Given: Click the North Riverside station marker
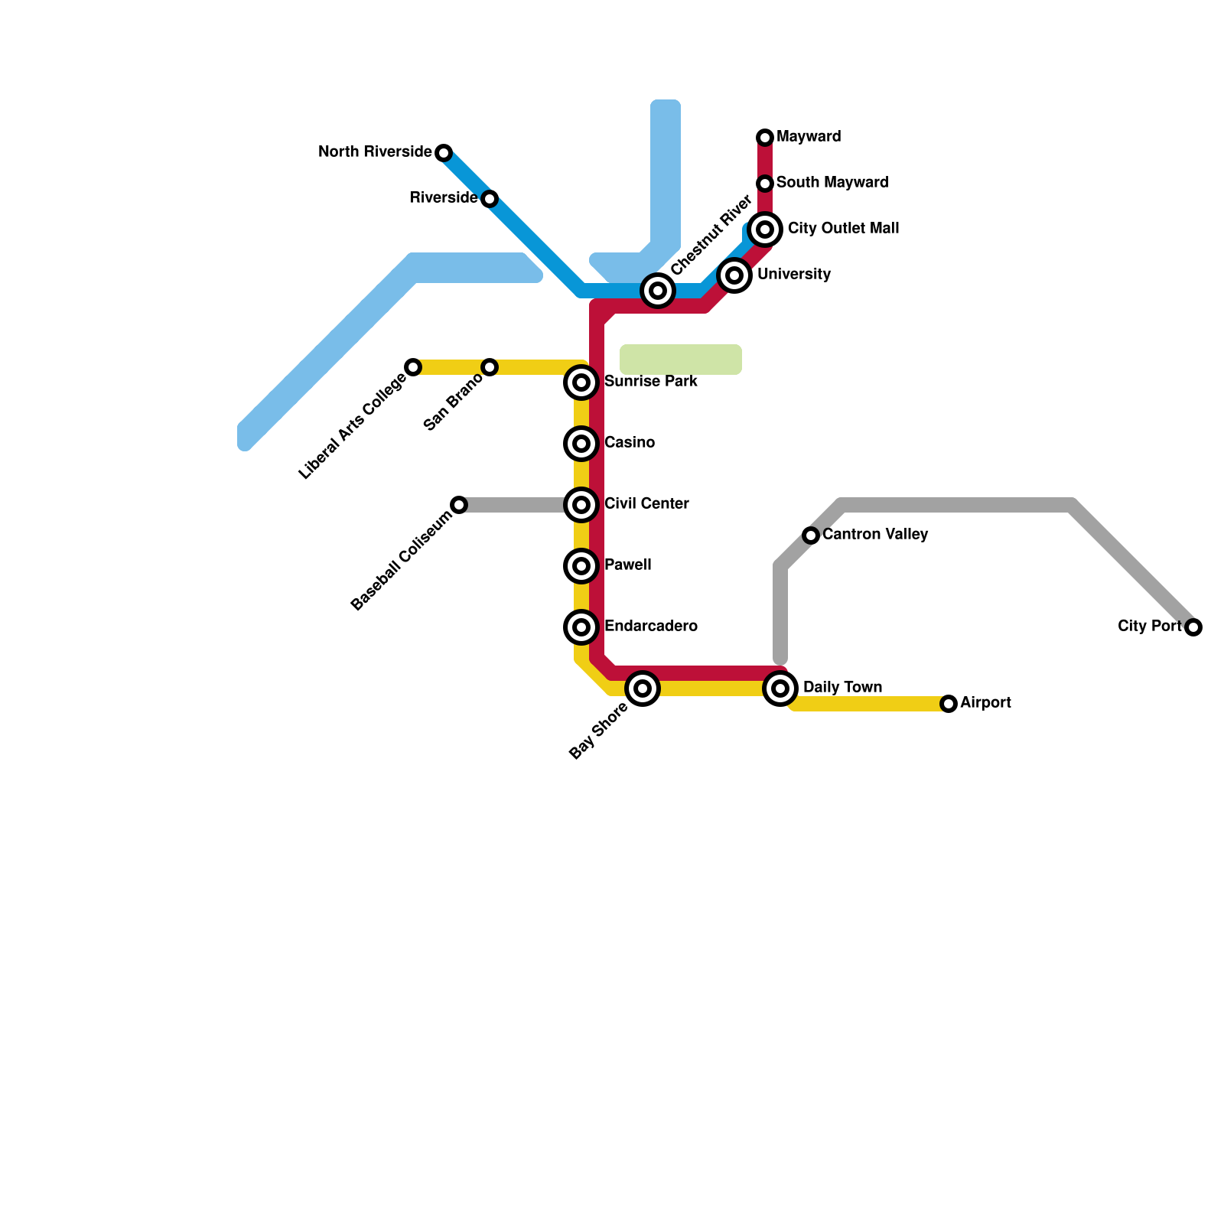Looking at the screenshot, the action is tap(444, 153).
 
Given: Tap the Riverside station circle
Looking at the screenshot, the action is tap(490, 199).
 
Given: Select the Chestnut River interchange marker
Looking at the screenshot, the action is tap(658, 291).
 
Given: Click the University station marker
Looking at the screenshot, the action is tap(734, 275).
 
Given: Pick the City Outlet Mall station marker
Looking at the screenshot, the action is tap(765, 229).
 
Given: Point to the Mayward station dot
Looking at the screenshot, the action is tap(765, 138).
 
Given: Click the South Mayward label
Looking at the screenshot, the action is tap(832, 183).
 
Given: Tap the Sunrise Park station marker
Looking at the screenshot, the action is tap(581, 382).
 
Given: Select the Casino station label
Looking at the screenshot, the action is tap(629, 443).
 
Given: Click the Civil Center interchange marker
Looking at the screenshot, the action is tap(581, 505).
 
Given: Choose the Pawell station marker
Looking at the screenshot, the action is tap(581, 566).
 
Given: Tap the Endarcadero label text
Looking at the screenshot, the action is tap(650, 627).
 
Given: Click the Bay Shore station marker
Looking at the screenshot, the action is tap(643, 688).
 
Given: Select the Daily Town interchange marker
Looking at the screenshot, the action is tap(780, 688).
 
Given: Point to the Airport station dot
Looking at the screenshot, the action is tap(949, 704).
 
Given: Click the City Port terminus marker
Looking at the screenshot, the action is tap(1193, 627).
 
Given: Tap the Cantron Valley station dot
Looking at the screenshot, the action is tap(811, 535).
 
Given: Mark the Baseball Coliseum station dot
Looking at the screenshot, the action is tap(459, 505).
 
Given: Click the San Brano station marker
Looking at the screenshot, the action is tap(490, 367).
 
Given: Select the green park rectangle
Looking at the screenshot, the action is tap(681, 360).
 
